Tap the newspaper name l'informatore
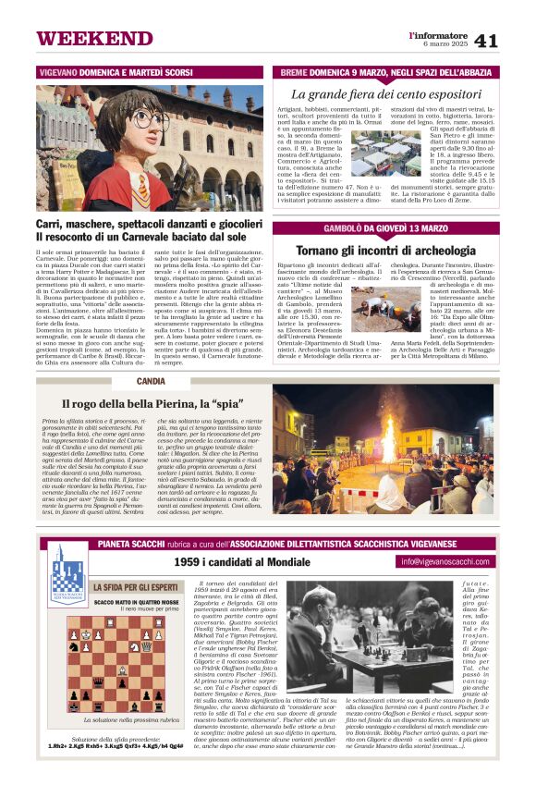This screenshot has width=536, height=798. pos(439,34)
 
